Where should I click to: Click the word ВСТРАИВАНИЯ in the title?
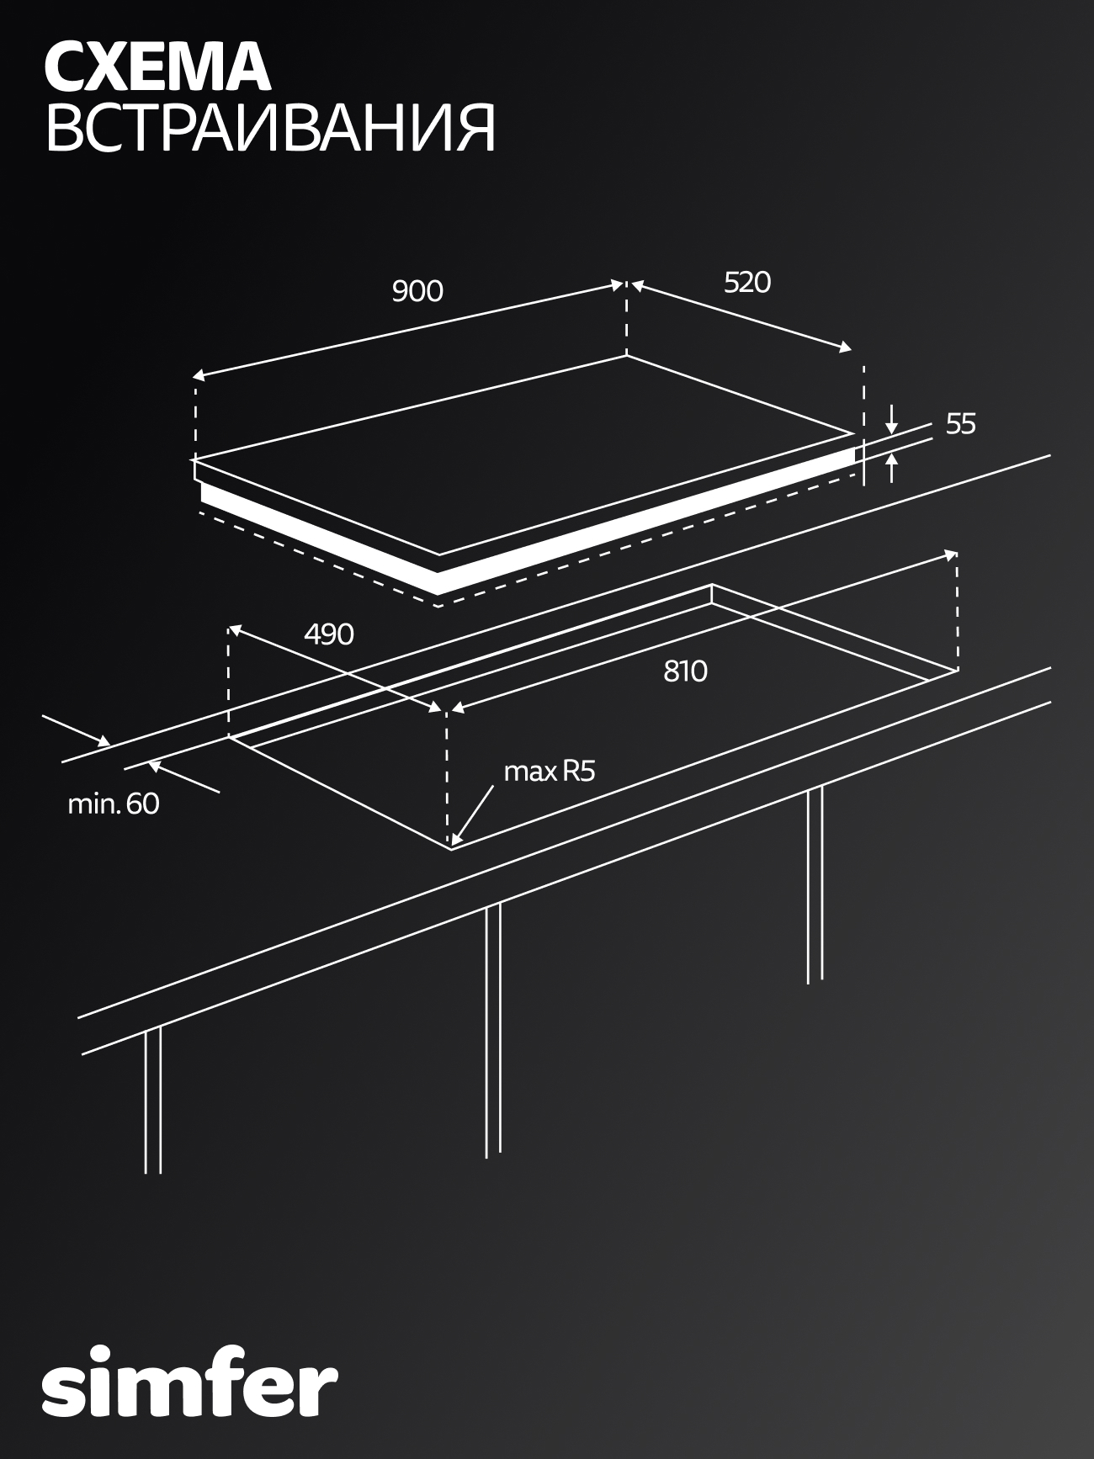270,129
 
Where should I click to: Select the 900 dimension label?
417,290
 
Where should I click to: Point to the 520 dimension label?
747,282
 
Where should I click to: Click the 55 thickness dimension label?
960,424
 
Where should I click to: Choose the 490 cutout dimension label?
329,634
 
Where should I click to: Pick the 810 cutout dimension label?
685,671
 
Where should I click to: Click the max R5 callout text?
549,771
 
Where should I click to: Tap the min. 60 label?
113,804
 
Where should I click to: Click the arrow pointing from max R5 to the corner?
474,813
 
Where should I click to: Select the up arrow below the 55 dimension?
892,468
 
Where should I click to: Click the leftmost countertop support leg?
152,1099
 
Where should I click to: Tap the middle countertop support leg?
493,1031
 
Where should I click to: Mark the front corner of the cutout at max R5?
452,848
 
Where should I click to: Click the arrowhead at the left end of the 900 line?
199,376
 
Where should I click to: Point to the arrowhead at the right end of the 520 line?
846,347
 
